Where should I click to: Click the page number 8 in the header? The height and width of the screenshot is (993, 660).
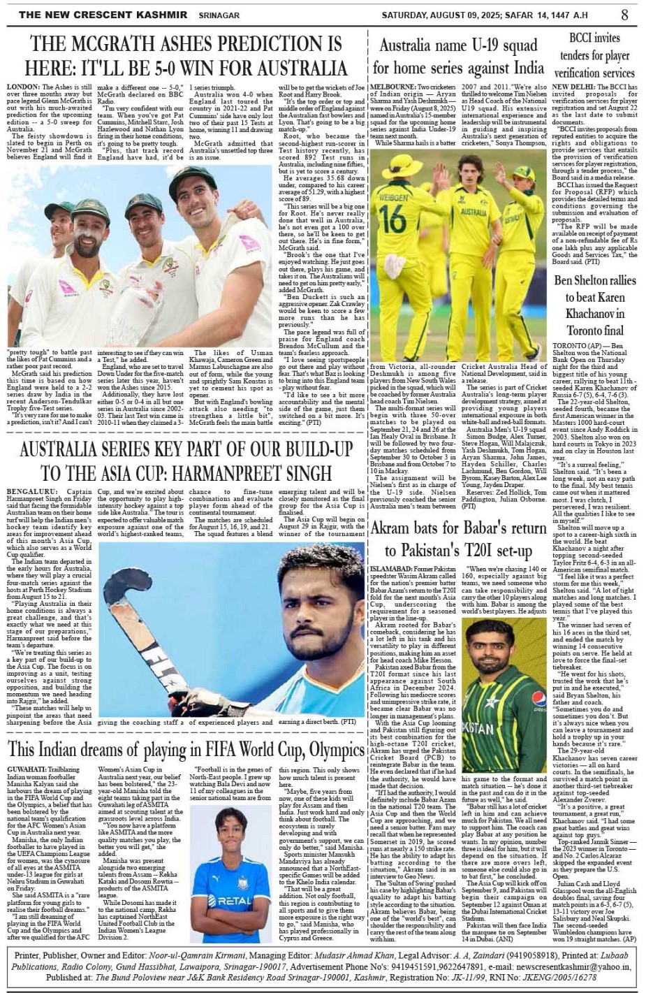tap(624, 15)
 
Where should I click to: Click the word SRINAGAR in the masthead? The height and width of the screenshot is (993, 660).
tap(219, 15)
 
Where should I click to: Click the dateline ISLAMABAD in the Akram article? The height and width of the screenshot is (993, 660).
tap(392, 570)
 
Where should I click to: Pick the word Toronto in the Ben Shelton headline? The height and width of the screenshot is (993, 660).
tap(585, 330)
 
